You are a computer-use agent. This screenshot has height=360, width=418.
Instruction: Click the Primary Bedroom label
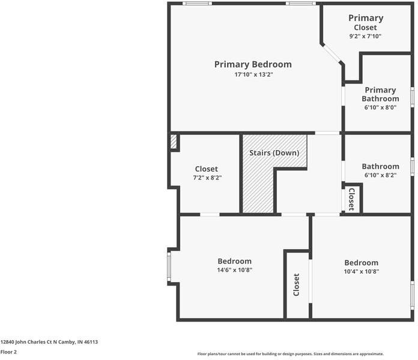pyautogui.click(x=253, y=64)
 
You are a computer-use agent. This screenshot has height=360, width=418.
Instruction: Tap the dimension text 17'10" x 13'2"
pyautogui.click(x=253, y=75)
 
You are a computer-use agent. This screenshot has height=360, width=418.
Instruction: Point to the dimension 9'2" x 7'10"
pyautogui.click(x=365, y=37)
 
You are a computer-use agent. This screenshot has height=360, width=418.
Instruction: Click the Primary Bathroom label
pyautogui.click(x=380, y=94)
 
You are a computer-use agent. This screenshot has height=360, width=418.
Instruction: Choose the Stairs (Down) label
pyautogui.click(x=274, y=153)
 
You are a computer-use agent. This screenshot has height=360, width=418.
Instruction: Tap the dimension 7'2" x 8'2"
pyautogui.click(x=206, y=178)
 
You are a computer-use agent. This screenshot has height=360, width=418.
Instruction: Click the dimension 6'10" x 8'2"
pyautogui.click(x=380, y=175)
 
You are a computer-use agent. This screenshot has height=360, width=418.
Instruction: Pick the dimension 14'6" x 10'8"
pyautogui.click(x=234, y=270)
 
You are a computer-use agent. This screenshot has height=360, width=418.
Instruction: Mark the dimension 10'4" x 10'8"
pyautogui.click(x=361, y=271)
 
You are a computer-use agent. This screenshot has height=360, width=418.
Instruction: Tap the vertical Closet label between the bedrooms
pyautogui.click(x=296, y=284)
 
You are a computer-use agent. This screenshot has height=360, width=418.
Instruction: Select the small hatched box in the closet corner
pyautogui.click(x=173, y=142)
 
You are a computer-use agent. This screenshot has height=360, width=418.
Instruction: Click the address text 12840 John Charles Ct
pyautogui.click(x=49, y=342)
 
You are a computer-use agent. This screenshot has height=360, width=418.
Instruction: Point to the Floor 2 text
pyautogui.click(x=8, y=352)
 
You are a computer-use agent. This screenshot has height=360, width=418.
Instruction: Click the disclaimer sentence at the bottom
pyautogui.click(x=290, y=354)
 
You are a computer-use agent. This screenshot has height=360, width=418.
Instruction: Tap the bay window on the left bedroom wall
pyautogui.click(x=169, y=267)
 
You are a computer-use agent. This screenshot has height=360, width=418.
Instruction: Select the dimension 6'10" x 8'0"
pyautogui.click(x=380, y=108)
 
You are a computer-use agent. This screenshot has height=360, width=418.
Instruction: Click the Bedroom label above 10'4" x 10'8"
pyautogui.click(x=361, y=262)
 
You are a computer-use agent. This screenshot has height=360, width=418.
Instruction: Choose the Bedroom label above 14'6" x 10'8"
pyautogui.click(x=234, y=261)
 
